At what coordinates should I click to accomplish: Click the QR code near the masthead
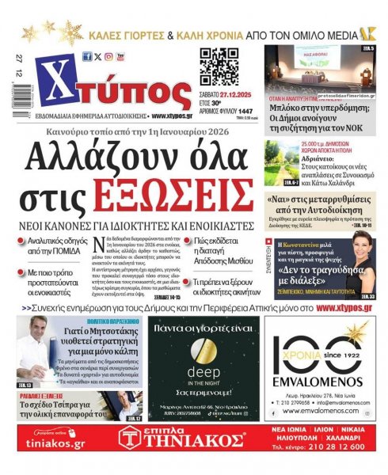(x=219, y=68)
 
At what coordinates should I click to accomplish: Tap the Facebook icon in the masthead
(x=87, y=56)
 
